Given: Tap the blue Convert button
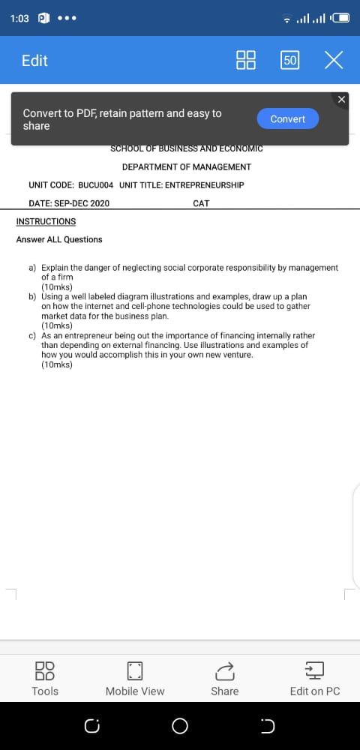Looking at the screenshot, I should tap(288, 119).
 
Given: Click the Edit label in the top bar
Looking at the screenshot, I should tap(34, 61).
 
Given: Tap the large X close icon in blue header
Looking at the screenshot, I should tap(334, 61).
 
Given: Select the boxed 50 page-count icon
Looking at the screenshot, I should tap(290, 61).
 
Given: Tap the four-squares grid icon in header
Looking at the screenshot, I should tap(246, 61).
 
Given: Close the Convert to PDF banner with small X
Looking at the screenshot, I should tap(342, 99).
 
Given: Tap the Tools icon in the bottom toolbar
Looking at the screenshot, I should tap(45, 669).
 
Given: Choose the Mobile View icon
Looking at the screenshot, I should tap(135, 669).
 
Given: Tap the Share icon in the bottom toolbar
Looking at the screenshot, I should tap(225, 669).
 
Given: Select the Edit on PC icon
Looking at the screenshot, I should tap(315, 669).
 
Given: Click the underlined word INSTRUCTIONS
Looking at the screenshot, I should tap(46, 221).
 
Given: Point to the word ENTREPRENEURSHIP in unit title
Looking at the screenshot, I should tap(204, 184).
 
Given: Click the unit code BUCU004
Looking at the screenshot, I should tap(95, 184).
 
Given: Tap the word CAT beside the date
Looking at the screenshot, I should tap(201, 203).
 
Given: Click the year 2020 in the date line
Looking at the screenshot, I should tap(99, 203).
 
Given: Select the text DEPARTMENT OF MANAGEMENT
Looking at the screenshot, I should tap(187, 166).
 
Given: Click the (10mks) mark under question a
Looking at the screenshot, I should tap(57, 286).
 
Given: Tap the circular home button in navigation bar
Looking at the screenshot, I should tap(180, 726).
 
